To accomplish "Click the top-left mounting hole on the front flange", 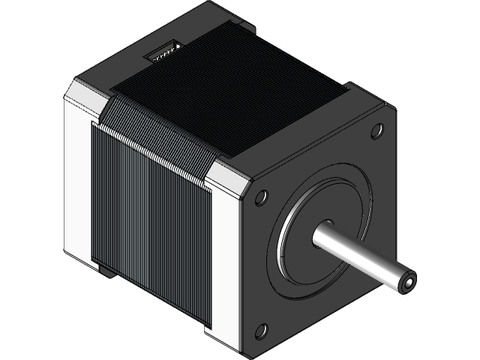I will pos(260,198).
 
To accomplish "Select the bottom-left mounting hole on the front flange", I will pos(263,328).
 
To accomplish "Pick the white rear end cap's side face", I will pos(78,180).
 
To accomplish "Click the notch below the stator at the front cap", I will pos(209,330).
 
